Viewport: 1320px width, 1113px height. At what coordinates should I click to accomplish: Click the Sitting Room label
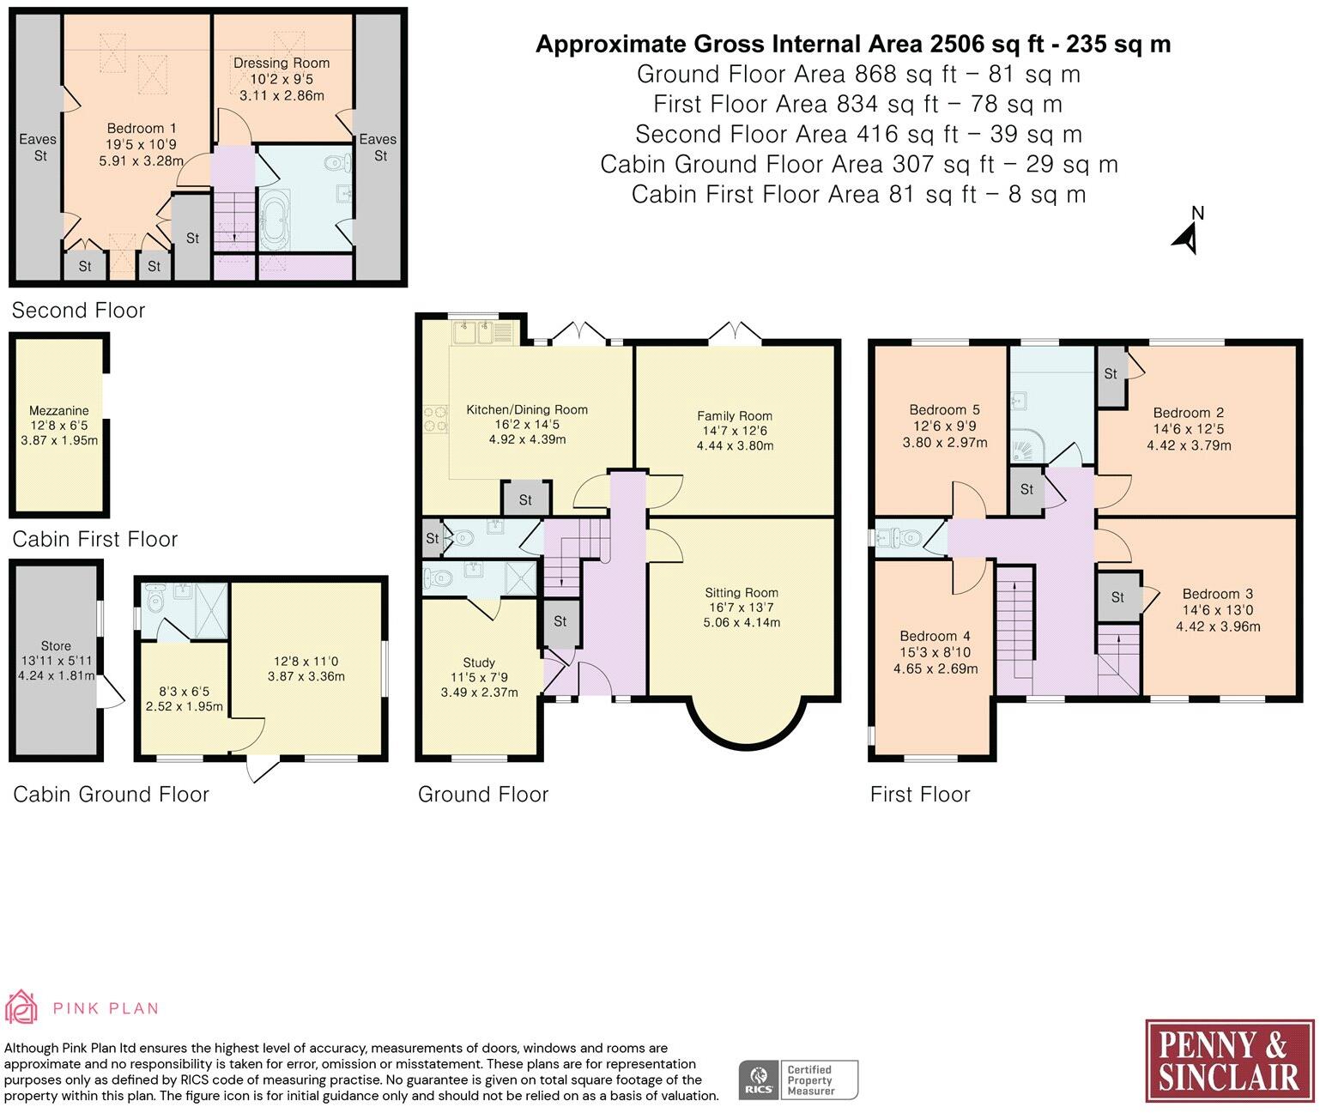coord(742,593)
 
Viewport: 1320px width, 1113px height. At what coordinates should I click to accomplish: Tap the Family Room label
coord(735,416)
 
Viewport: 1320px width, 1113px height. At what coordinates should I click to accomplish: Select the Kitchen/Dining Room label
coord(527,409)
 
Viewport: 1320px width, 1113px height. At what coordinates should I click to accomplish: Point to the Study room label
coord(479,662)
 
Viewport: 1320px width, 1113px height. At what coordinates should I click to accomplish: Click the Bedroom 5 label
coord(944,409)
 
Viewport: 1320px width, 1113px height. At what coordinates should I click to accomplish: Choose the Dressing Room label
coord(282,64)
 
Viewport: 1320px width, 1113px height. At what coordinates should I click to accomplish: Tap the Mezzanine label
coord(59,411)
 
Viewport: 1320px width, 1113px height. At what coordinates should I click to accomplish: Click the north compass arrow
coord(1185,239)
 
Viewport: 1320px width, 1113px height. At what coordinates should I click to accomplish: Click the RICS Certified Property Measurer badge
coord(798,1080)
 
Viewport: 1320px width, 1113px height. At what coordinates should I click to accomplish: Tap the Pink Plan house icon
coord(21,1007)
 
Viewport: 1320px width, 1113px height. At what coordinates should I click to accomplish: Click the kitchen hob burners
coord(435,420)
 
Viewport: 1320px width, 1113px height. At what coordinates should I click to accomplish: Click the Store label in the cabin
coord(56,646)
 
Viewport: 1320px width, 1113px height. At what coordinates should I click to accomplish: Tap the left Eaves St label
coord(38,148)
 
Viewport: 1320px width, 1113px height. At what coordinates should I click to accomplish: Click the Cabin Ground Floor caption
coord(111,795)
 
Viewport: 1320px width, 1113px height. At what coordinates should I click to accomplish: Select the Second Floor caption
coord(78,311)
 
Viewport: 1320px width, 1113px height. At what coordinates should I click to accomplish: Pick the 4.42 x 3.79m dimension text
coord(1190,445)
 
